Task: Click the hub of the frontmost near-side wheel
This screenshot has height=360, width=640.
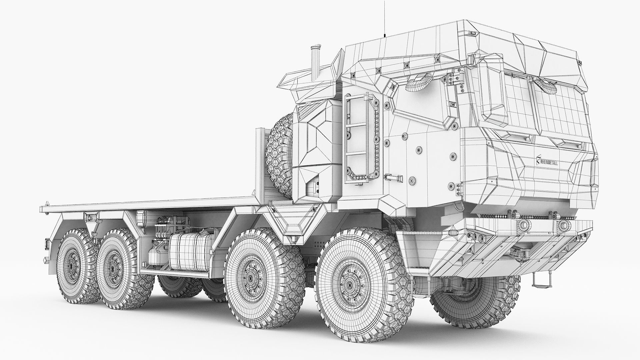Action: coord(349,284)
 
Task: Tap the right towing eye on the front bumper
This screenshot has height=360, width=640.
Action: coord(563,226)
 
